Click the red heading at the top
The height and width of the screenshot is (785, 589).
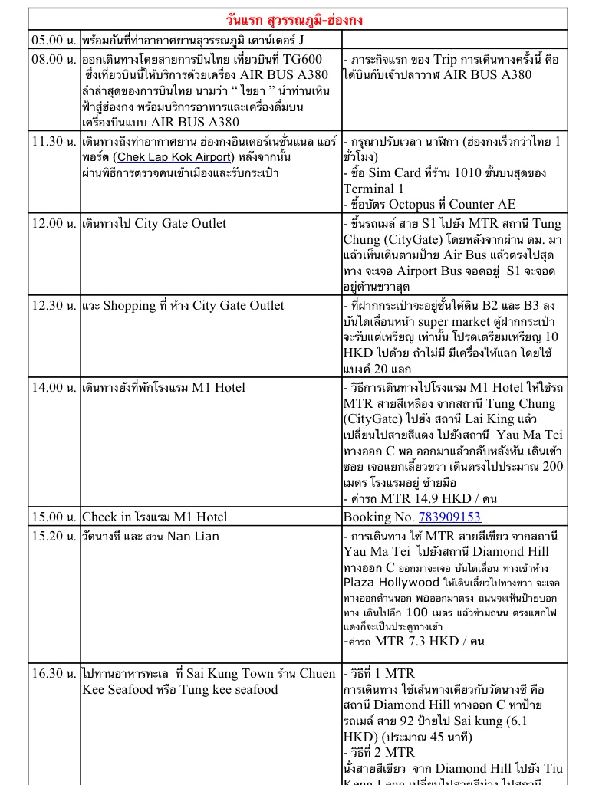coord(299,18)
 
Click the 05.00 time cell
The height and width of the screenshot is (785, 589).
coord(54,39)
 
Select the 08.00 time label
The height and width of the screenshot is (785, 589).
coord(54,59)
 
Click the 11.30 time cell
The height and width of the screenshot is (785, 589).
coord(54,141)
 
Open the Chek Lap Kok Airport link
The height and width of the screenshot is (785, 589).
coord(174,157)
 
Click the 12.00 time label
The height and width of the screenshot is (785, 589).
coord(54,224)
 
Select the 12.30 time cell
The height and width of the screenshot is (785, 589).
coord(54,306)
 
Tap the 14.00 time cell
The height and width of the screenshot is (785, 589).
coord(54,388)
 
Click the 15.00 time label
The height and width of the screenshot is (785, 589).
coord(54,517)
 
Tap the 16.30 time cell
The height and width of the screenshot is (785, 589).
coord(54,674)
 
